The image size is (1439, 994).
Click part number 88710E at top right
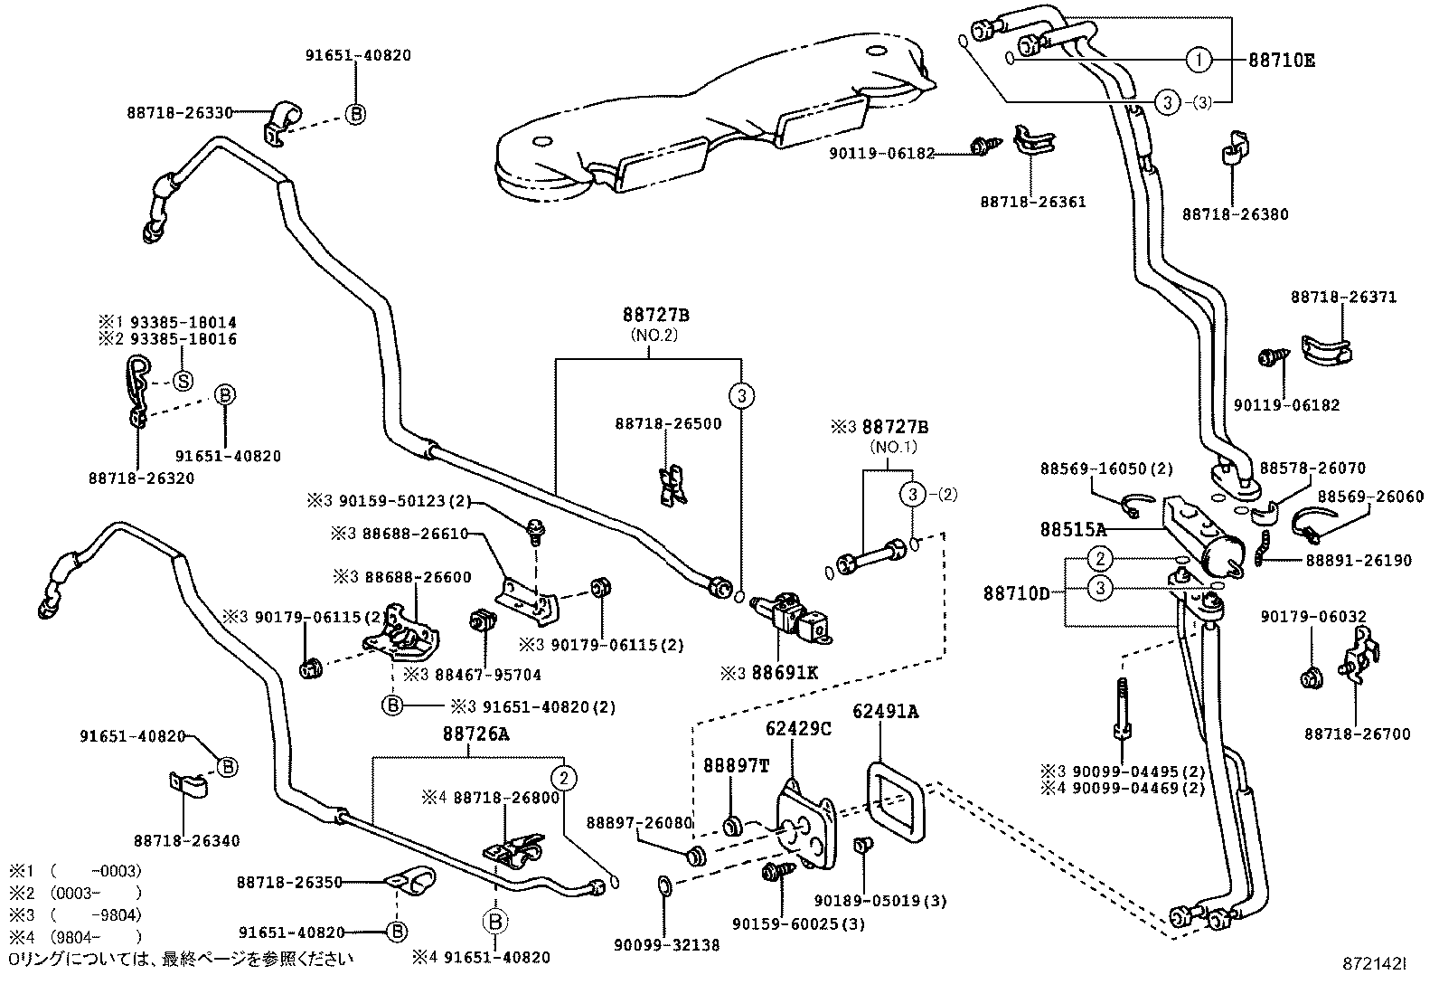[1282, 61]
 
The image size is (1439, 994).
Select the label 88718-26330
[180, 113]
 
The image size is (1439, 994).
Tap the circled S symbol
[183, 381]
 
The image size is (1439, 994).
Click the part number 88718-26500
[669, 423]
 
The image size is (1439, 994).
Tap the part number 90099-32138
[666, 945]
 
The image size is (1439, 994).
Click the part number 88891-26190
[1358, 561]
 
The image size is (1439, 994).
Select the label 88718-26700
[1356, 734]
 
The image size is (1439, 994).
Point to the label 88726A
[475, 735]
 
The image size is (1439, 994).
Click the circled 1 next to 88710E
[1198, 61]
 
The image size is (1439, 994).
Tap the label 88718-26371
[1343, 297]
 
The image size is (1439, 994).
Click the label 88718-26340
[187, 840]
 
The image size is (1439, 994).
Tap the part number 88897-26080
[639, 822]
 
